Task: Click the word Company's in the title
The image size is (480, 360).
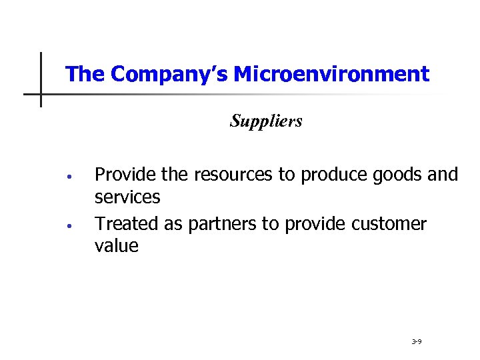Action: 158,74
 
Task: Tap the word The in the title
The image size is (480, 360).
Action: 85,74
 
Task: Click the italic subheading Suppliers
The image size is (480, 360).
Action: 266,121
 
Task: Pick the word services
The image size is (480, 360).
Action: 127,198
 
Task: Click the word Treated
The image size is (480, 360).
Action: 125,224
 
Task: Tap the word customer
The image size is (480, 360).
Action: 388,224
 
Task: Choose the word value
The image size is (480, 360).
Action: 117,247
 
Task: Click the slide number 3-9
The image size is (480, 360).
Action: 416,341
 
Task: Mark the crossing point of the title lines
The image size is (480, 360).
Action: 41,94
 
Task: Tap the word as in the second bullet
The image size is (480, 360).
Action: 173,224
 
